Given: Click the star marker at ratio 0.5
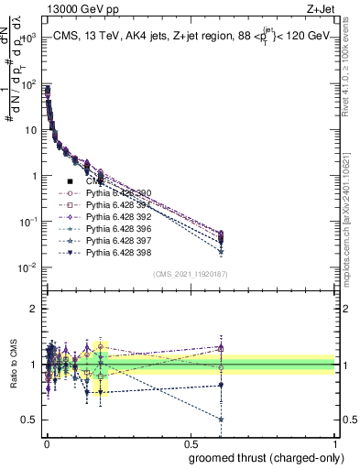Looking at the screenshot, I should (x=222, y=420).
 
